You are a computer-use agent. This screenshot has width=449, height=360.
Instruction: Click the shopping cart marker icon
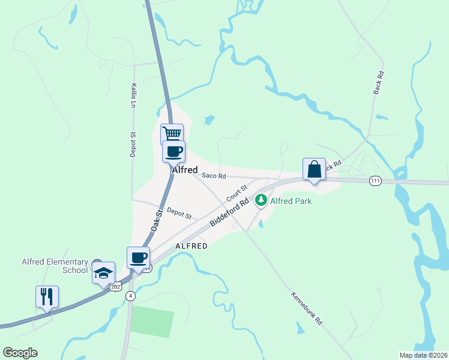pyautogui.click(x=172, y=134)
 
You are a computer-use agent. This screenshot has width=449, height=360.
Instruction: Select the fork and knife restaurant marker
pyautogui.click(x=47, y=296)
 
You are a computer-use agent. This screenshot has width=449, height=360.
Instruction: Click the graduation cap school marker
pyautogui.click(x=104, y=273)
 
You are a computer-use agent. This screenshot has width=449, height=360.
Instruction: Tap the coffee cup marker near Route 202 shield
pyautogui.click(x=138, y=258)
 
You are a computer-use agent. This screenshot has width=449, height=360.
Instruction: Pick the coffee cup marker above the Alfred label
pyautogui.click(x=174, y=151)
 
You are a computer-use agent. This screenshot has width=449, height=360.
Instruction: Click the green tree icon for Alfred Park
pyautogui.click(x=261, y=200)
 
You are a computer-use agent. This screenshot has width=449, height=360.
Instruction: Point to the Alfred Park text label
pyautogui.click(x=291, y=202)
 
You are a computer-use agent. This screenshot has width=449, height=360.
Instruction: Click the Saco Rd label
pyautogui.click(x=214, y=176)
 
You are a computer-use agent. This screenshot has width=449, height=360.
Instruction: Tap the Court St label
pyautogui.click(x=237, y=194)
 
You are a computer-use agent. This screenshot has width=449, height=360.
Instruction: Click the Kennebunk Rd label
pyautogui.click(x=307, y=308)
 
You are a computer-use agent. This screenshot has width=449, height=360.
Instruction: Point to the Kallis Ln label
pyautogui.click(x=133, y=95)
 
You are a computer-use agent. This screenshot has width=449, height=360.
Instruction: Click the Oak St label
pyautogui.click(x=157, y=220)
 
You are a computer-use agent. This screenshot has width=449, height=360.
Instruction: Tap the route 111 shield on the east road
pyautogui.click(x=375, y=181)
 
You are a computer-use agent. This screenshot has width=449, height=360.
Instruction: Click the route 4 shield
pyautogui.click(x=131, y=296)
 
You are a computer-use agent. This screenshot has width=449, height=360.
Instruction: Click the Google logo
pyautogui.click(x=20, y=353)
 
